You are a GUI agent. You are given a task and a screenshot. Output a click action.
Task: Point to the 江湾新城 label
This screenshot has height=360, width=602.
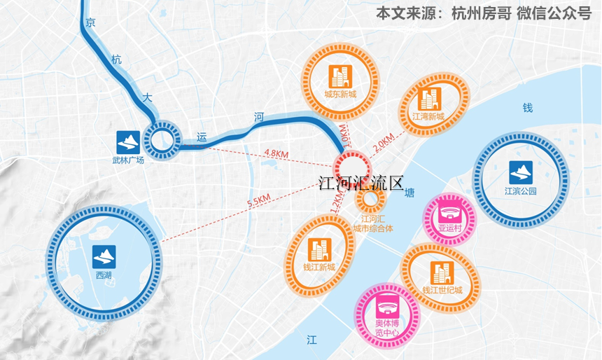428,116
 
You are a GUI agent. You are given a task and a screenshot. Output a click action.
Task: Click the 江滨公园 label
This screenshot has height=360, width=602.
520,191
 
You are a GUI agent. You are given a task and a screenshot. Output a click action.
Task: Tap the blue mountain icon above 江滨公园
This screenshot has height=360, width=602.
520,170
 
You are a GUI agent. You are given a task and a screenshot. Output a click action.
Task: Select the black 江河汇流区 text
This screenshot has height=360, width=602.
360,184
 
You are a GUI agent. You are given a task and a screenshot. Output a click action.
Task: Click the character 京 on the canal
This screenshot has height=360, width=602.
89,23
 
